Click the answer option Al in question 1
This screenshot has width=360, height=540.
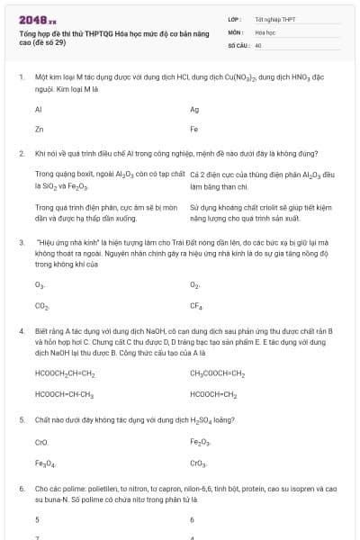pyautogui.click(x=39, y=109)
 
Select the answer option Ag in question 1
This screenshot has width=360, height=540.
pyautogui.click(x=194, y=109)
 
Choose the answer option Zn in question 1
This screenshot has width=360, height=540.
pyautogui.click(x=39, y=130)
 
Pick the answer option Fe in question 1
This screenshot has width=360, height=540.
pyautogui.click(x=194, y=130)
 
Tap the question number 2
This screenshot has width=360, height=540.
pyautogui.click(x=21, y=153)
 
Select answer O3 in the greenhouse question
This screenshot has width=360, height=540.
pyautogui.click(x=40, y=285)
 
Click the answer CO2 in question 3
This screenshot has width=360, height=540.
pyautogui.click(x=41, y=306)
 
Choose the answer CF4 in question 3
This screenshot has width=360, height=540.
pyautogui.click(x=195, y=306)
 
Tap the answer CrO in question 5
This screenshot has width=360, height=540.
pyautogui.click(x=41, y=442)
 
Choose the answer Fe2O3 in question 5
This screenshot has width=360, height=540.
pyautogui.click(x=200, y=442)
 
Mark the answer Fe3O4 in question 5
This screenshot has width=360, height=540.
pyautogui.click(x=45, y=463)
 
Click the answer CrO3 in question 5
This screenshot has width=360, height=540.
pyautogui.click(x=198, y=463)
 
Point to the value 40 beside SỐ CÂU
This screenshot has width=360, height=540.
pyautogui.click(x=258, y=44)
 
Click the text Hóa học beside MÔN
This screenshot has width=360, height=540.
pyautogui.click(x=265, y=31)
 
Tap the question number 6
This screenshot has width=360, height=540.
pyautogui.click(x=21, y=488)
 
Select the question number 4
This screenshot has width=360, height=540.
pyautogui.click(x=21, y=331)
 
